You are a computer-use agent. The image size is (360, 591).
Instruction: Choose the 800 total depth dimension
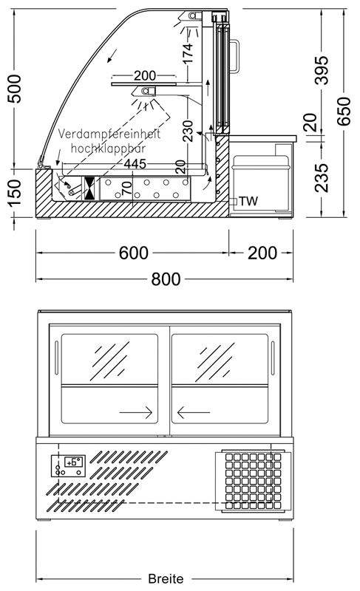click(168, 279)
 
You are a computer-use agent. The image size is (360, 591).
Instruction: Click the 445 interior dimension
click(134, 163)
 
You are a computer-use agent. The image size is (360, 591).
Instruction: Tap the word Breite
click(166, 579)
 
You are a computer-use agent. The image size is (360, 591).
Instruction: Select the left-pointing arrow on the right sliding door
click(194, 410)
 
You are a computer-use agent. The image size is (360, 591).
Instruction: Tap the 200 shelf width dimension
click(145, 75)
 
